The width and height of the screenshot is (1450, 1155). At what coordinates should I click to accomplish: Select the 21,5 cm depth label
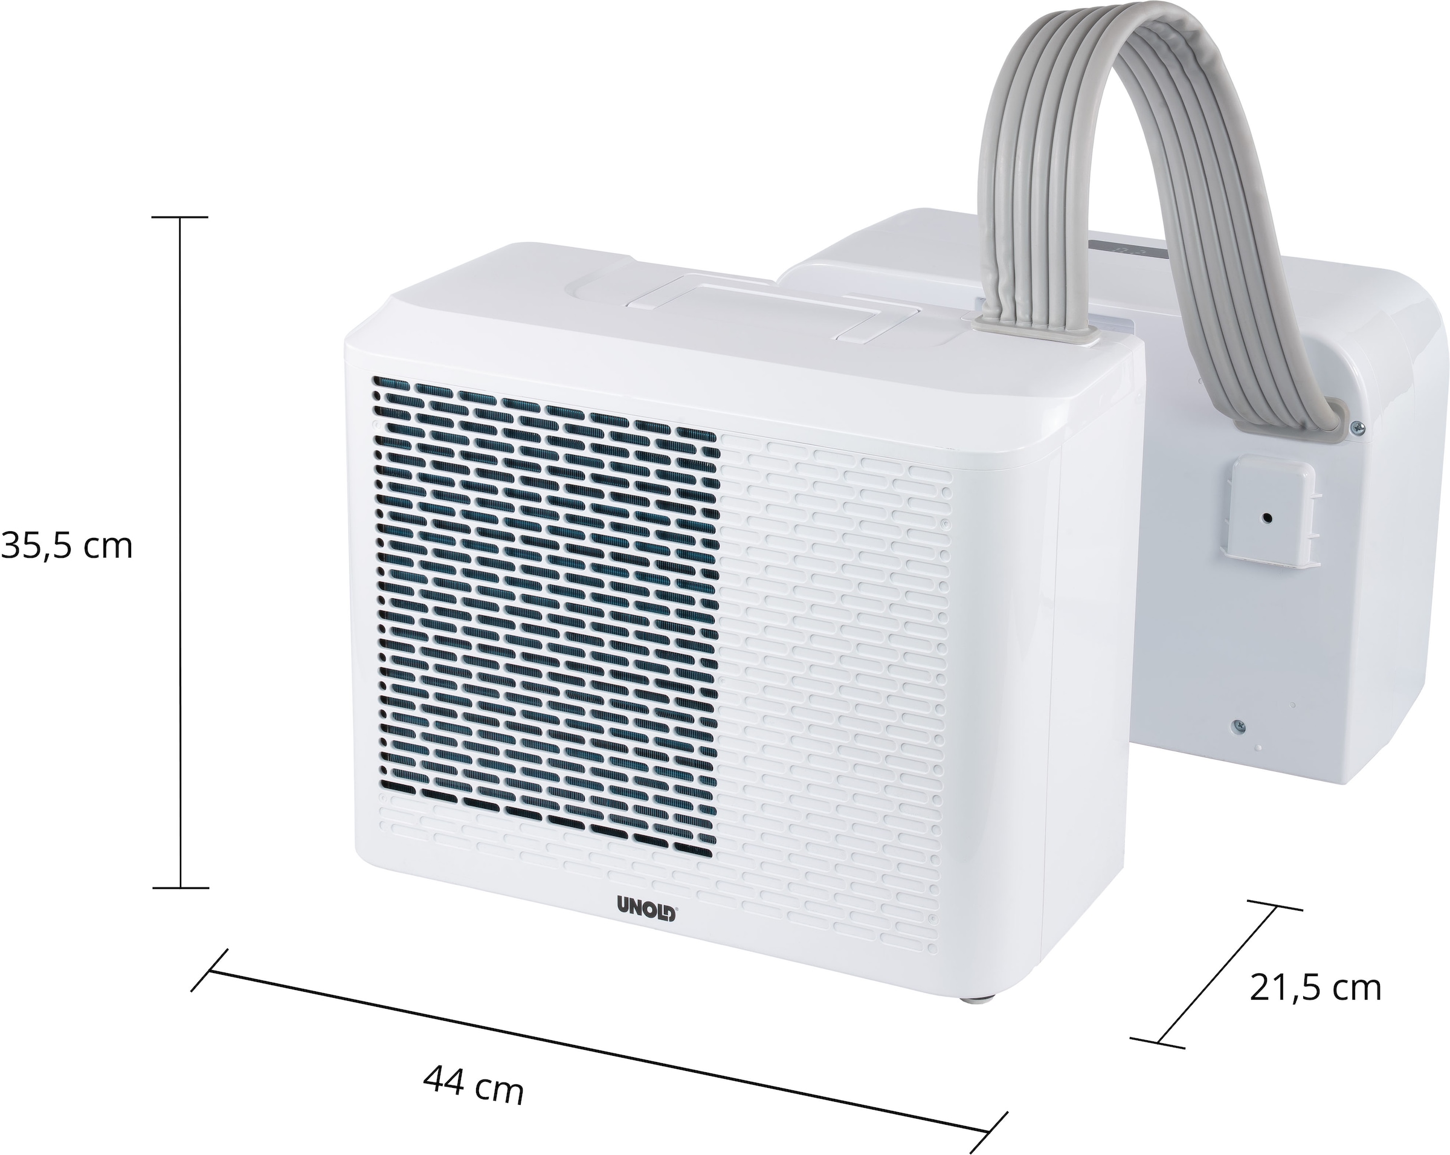coord(1315,989)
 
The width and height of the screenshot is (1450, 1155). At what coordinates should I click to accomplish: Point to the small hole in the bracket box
coord(1268,518)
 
